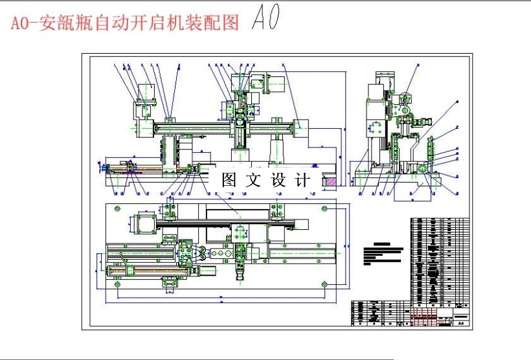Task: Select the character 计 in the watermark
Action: click(x=302, y=180)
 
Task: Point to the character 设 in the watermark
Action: click(x=278, y=180)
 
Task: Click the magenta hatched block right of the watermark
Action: click(x=330, y=183)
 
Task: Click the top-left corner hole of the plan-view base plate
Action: click(x=117, y=208)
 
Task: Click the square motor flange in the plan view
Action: click(x=144, y=223)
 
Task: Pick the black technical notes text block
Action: click(x=382, y=254)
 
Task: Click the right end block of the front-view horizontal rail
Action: click(x=300, y=127)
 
